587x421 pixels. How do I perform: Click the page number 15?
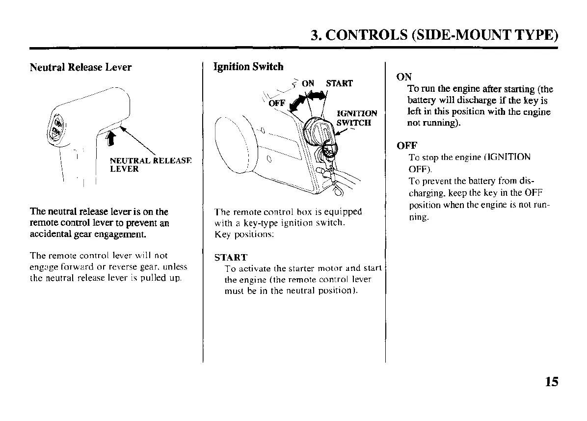551,381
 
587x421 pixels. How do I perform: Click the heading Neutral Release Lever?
80,67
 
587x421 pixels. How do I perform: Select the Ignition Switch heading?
248,66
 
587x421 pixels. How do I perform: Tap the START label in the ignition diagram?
339,83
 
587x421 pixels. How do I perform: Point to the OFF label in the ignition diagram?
277,103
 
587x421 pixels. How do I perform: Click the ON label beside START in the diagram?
308,83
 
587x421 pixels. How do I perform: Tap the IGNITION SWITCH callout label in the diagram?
357,118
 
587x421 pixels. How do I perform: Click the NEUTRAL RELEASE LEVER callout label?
150,164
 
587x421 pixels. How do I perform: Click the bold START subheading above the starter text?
231,257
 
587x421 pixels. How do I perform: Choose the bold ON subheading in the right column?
403,77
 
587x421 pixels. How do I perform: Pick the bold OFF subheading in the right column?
406,146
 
